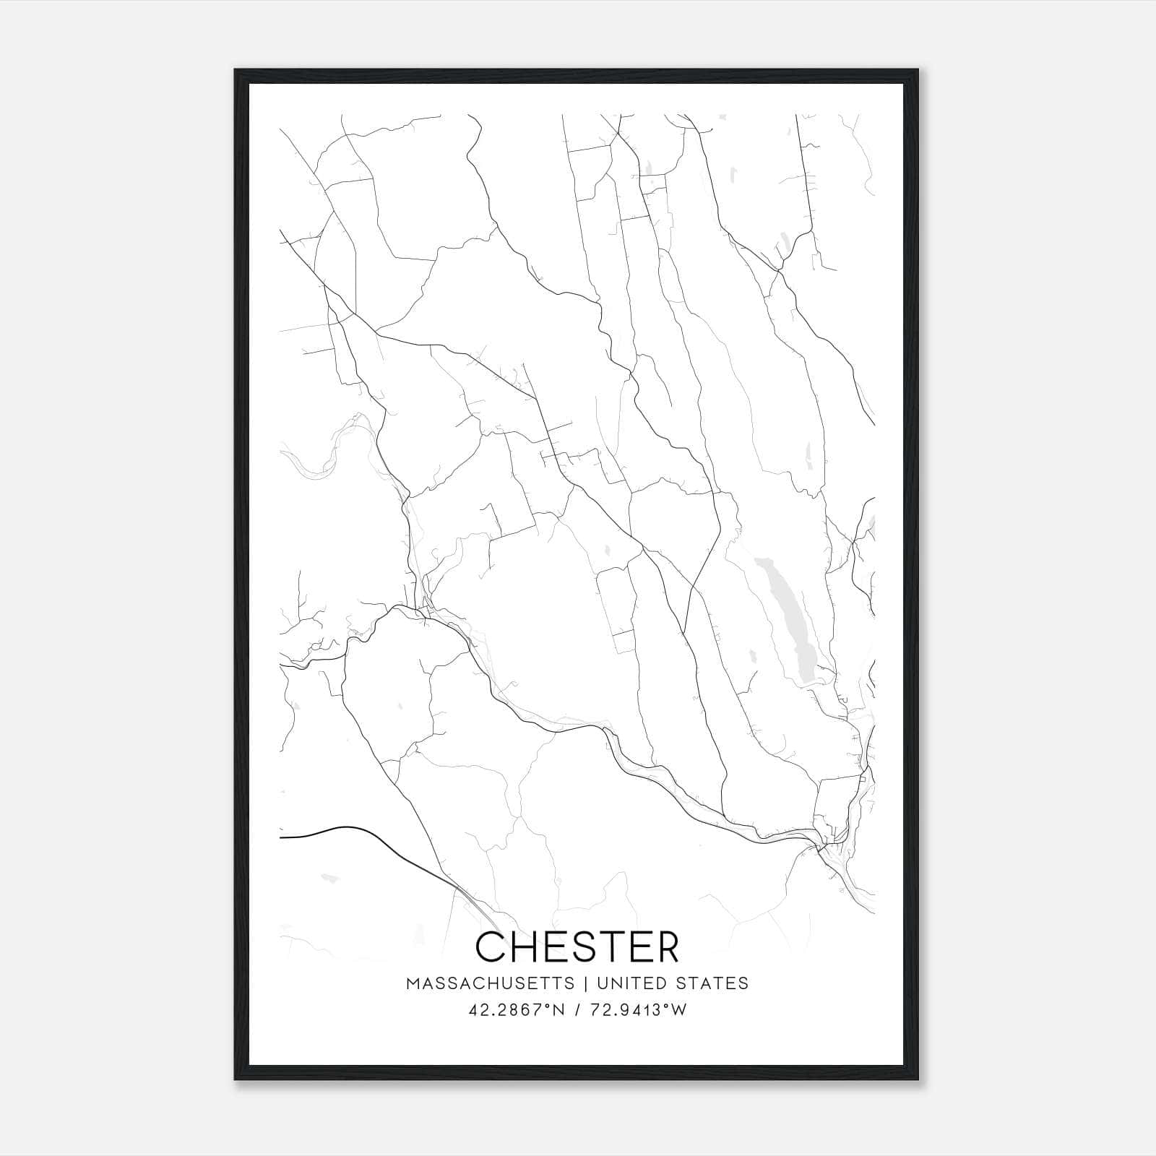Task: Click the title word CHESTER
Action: pos(577,946)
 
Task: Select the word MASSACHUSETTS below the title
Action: pos(491,983)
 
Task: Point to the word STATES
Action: pos(713,983)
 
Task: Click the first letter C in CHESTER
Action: pos(491,946)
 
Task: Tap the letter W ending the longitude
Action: pos(678,1010)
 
